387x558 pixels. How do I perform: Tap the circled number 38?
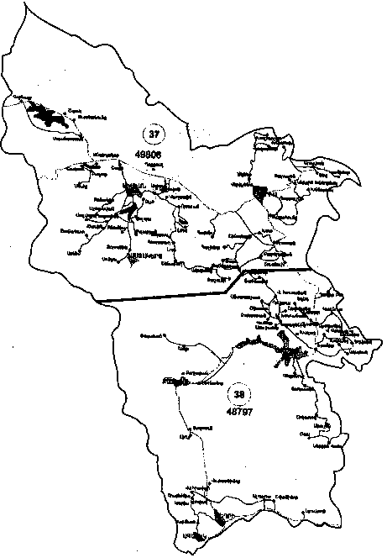pos(239,392)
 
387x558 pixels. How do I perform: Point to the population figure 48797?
pos(240,413)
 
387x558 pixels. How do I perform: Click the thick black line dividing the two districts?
pos(168,296)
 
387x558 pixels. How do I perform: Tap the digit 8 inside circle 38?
pos(243,392)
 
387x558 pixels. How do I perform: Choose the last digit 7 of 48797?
pos(254,413)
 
